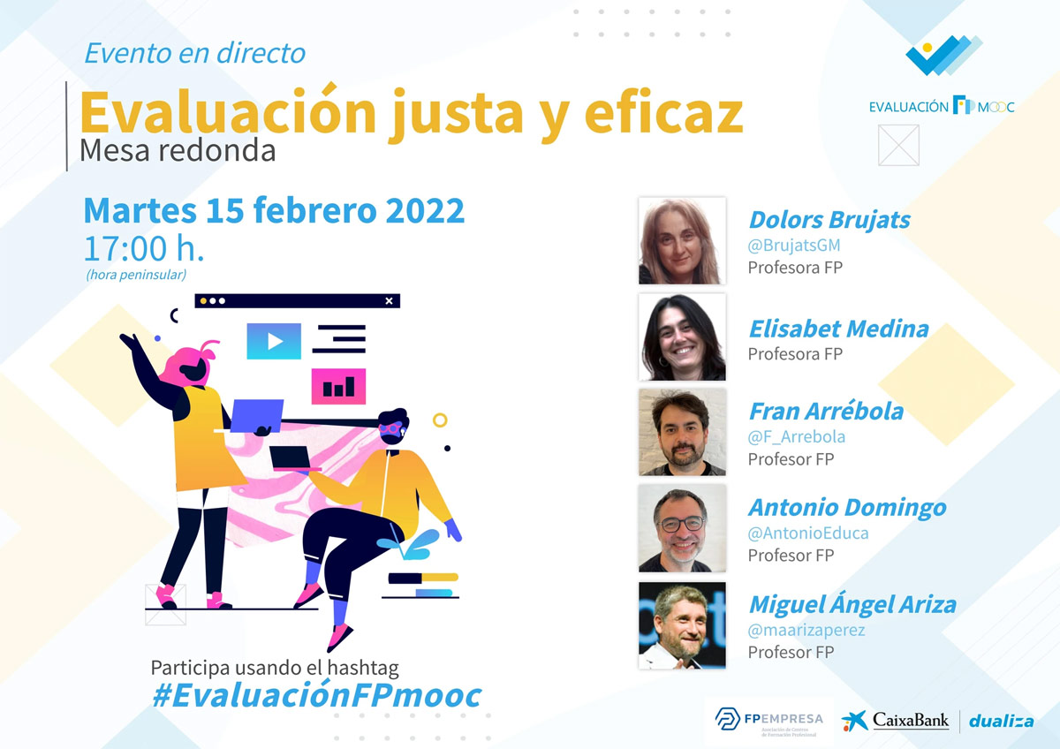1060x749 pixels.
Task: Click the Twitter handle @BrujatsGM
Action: click(794, 246)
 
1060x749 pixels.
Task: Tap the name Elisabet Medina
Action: click(839, 329)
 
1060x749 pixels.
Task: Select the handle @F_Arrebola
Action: click(797, 436)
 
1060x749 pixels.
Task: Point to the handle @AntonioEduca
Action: click(808, 533)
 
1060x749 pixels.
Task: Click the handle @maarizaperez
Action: click(806, 631)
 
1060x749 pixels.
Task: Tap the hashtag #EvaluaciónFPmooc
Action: click(316, 696)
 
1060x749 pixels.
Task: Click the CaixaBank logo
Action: click(896, 721)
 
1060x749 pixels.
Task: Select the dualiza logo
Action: click(1002, 722)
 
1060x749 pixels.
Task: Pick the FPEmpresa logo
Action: click(769, 721)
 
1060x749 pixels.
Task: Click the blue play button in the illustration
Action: click(274, 341)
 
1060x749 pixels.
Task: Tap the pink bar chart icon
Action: click(338, 387)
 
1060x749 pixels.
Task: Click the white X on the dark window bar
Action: click(389, 301)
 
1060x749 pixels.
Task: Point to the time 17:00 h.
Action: click(144, 248)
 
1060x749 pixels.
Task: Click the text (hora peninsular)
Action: click(136, 275)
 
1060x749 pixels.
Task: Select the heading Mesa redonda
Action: click(178, 150)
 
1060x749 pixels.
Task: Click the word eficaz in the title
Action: click(664, 112)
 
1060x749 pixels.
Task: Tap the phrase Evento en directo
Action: click(195, 53)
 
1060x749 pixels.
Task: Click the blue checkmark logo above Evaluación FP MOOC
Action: click(944, 56)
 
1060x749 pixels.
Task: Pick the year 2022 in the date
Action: click(425, 210)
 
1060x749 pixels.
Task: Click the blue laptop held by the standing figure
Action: click(257, 416)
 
